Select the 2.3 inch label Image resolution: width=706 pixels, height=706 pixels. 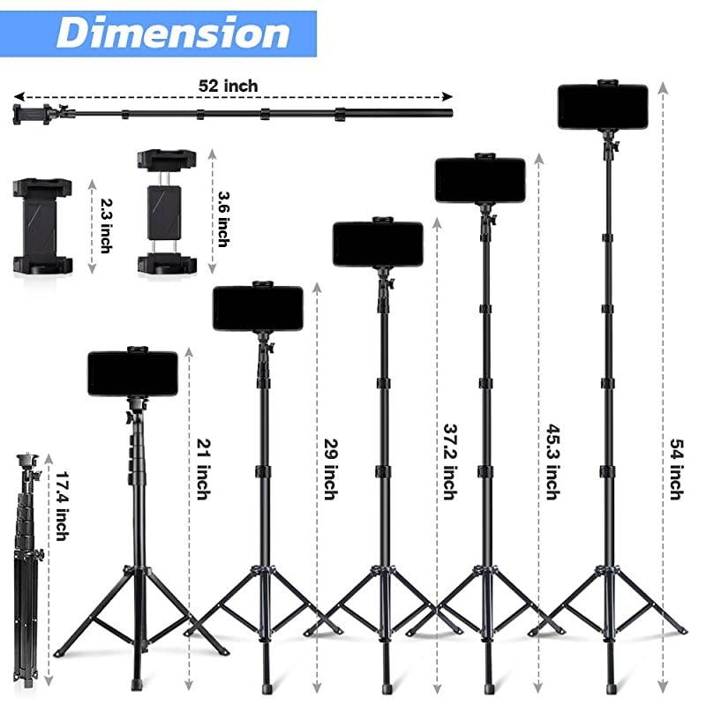pos(105,227)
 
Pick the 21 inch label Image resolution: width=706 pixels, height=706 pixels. pos(202,469)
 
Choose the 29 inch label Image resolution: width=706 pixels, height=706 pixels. pos(330,469)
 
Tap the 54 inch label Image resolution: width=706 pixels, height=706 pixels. pos(676,469)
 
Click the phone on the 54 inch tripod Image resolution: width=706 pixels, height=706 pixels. pos(603,106)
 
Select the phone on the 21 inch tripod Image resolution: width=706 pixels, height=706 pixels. pos(133,372)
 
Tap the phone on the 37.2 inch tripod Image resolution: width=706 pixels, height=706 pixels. pos(377,243)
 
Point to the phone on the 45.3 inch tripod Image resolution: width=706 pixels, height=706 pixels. pos(480,179)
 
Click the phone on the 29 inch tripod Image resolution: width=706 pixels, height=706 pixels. pos(258,308)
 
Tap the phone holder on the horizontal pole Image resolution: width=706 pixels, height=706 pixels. pos(35,112)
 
